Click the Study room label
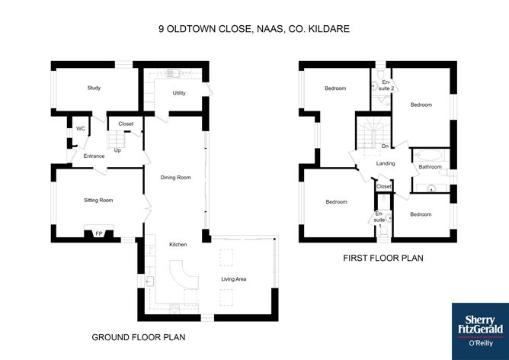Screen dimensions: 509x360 [x=94, y=88]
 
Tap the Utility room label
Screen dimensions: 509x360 [x=179, y=93]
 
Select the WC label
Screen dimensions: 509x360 [x=81, y=129]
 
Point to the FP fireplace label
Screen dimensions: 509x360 [x=99, y=234]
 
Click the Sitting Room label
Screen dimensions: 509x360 [x=98, y=200]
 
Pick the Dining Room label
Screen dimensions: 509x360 [x=175, y=178]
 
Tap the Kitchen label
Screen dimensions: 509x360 [x=178, y=244]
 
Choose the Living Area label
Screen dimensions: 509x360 [x=234, y=279]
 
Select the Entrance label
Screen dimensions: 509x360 [x=94, y=156]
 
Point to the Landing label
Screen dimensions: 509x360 [x=386, y=163]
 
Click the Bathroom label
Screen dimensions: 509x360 [x=430, y=167]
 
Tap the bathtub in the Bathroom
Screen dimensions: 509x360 [x=430, y=155]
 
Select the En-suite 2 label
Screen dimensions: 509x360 [x=386, y=85]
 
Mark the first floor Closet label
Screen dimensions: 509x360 [x=384, y=187]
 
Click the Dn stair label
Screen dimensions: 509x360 [x=385, y=146]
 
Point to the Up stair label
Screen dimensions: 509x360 [x=117, y=150]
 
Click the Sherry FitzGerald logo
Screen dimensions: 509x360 [x=481, y=332]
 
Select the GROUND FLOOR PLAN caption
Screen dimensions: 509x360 [x=139, y=337]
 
